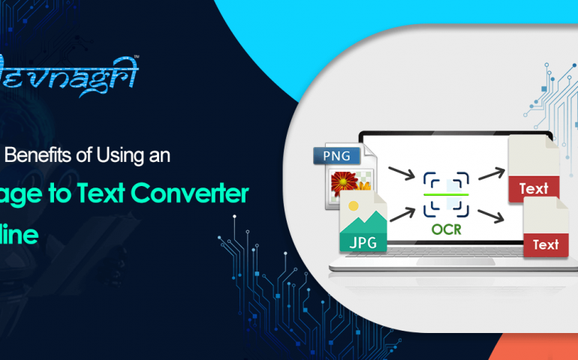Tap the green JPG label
coord(363,242)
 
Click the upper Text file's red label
coord(533,188)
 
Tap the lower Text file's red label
coord(545,244)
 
